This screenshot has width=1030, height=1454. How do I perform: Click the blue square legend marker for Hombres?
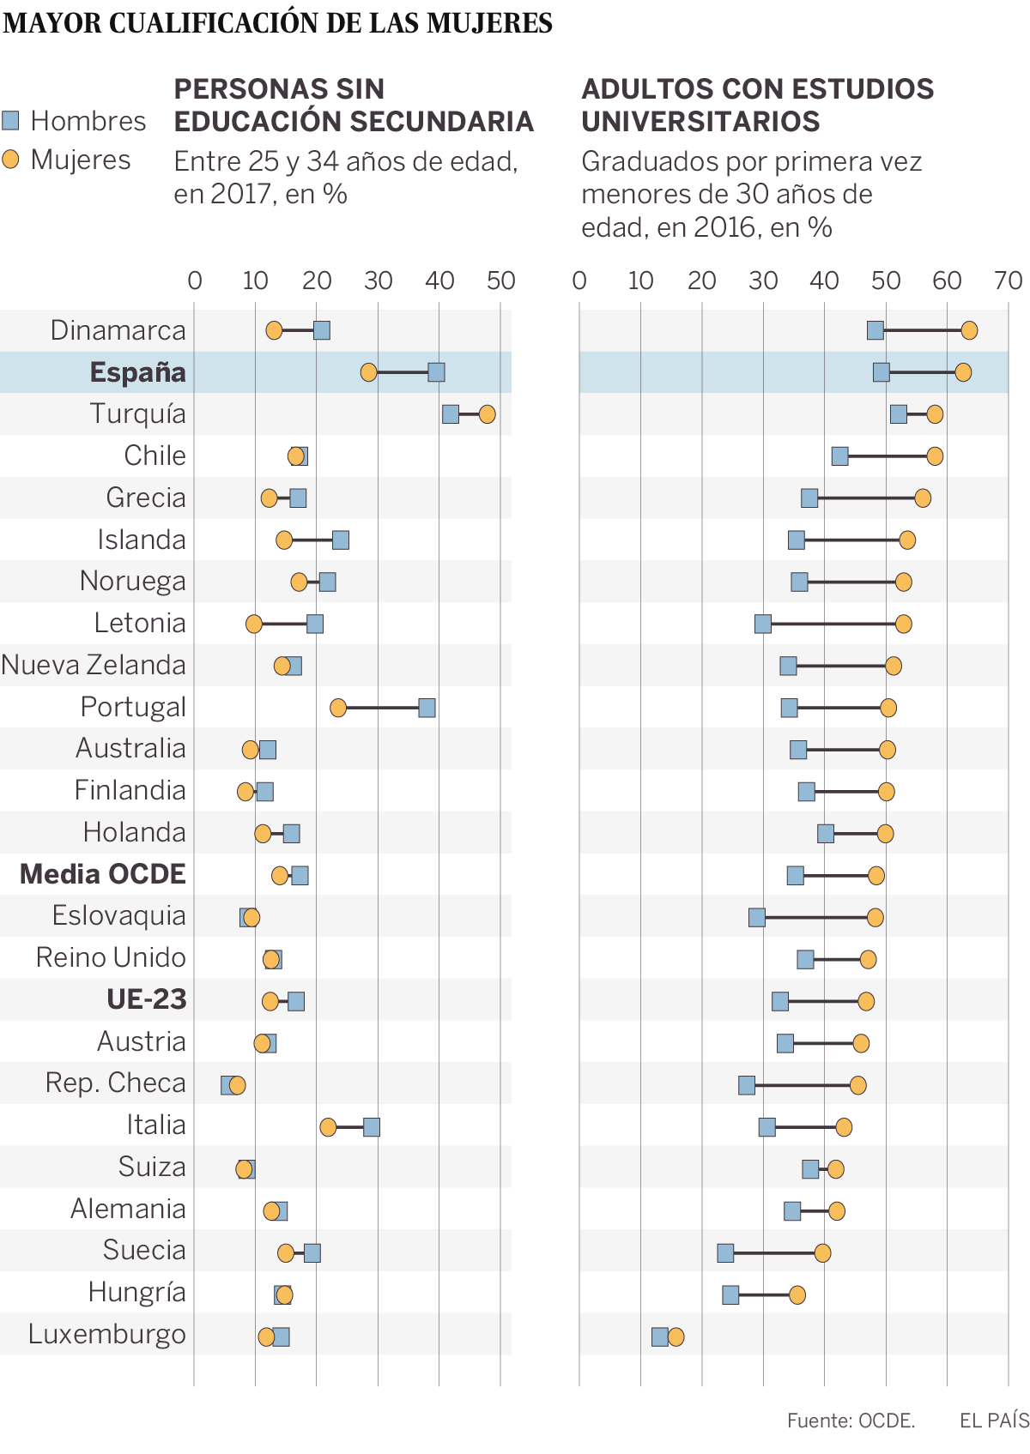(10, 120)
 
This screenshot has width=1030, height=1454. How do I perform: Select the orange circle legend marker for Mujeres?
(10, 160)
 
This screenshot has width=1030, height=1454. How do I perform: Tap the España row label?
(137, 372)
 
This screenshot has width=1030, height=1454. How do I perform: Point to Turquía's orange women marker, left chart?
(487, 414)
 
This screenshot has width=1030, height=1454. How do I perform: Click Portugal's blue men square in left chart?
(427, 708)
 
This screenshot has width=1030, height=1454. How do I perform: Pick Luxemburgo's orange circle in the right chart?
(676, 1336)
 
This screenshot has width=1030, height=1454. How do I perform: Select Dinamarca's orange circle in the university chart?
(969, 330)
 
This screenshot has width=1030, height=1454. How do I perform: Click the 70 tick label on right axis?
(1009, 281)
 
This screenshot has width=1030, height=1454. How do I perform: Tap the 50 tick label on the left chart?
(500, 281)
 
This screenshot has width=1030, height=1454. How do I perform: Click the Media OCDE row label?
(103, 874)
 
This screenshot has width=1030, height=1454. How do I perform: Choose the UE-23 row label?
(146, 999)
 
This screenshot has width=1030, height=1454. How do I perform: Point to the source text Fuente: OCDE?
(851, 1421)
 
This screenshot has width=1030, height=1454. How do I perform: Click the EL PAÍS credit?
(994, 1421)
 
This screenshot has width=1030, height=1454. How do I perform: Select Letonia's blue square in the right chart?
(763, 624)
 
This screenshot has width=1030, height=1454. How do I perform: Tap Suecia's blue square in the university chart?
(725, 1253)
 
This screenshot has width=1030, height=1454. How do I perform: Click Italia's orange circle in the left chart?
(328, 1127)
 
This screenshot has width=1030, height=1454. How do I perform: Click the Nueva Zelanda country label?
(94, 665)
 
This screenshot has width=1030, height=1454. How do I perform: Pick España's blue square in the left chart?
(436, 372)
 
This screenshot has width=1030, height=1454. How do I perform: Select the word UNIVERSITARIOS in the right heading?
(700, 122)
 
